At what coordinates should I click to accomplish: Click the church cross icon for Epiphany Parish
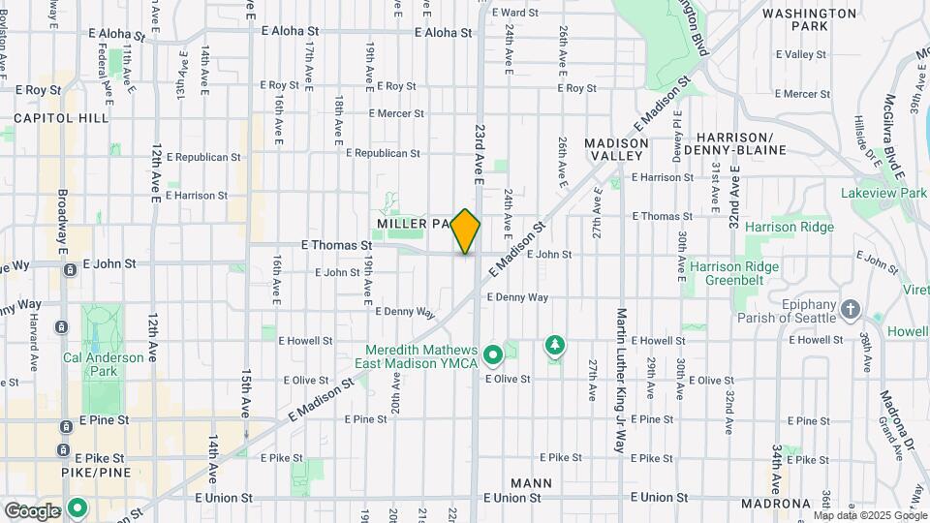pyautogui.click(x=851, y=309)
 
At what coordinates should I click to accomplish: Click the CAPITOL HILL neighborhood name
pyautogui.click(x=61, y=118)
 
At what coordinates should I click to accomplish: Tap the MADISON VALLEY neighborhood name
pyautogui.click(x=616, y=149)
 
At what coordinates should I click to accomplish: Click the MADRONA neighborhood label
pyautogui.click(x=775, y=504)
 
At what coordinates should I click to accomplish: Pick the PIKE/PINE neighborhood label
pyautogui.click(x=38, y=474)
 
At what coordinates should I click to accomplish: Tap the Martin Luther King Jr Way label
pyautogui.click(x=621, y=382)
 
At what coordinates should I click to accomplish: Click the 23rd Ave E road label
pyautogui.click(x=479, y=153)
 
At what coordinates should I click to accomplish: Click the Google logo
pyautogui.click(x=32, y=510)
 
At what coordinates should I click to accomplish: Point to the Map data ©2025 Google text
pyautogui.click(x=869, y=515)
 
